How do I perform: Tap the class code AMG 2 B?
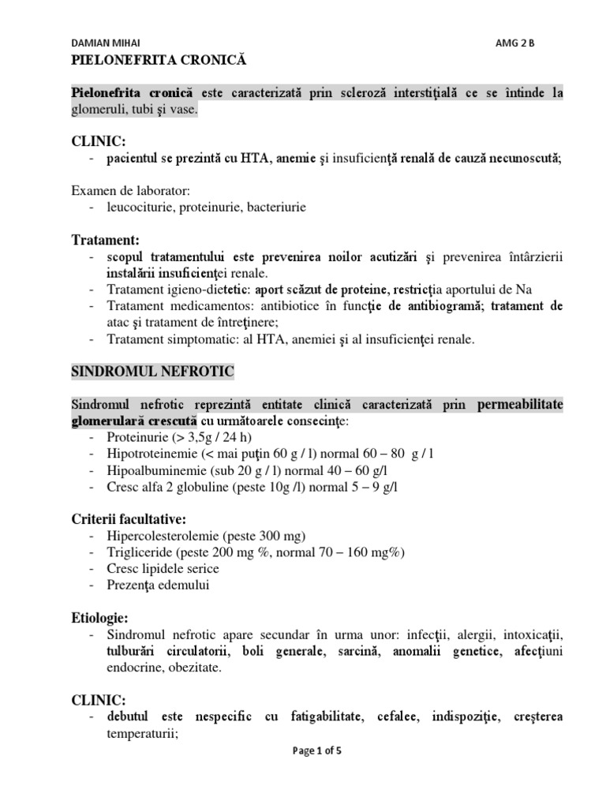514,43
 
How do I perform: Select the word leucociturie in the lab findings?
139,208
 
